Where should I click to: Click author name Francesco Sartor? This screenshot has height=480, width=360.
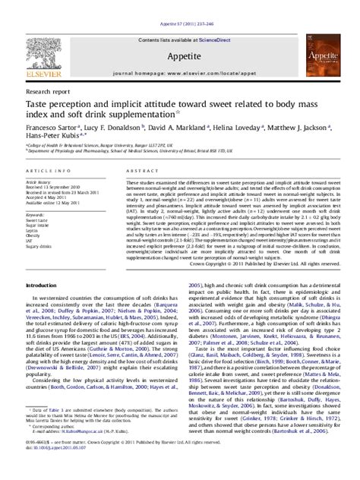tap(53, 128)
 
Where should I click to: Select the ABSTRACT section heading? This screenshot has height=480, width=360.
tap(140, 172)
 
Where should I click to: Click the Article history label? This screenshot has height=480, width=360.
tap(39, 182)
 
